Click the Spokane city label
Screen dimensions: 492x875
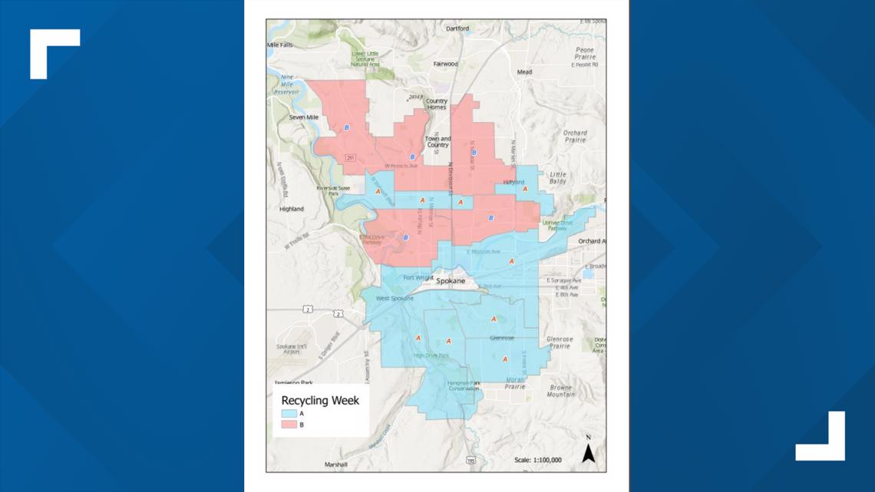point(451,281)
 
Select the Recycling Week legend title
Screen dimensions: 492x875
point(320,400)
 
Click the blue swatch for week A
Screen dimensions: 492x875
point(289,413)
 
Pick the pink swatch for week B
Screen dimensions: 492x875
point(289,424)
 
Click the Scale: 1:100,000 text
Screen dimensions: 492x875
point(537,461)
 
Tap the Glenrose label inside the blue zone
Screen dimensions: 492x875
point(501,338)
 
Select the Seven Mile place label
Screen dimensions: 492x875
point(303,117)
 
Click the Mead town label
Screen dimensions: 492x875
point(525,72)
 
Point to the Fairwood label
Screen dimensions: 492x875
point(445,64)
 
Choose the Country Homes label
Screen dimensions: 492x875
point(437,104)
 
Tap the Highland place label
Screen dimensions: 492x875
point(292,209)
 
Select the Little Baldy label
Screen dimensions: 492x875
point(558,179)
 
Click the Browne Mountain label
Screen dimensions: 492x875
point(560,390)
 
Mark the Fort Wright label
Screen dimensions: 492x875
point(418,277)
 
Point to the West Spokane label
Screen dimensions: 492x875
point(395,298)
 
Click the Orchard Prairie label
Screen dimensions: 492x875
point(575,137)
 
